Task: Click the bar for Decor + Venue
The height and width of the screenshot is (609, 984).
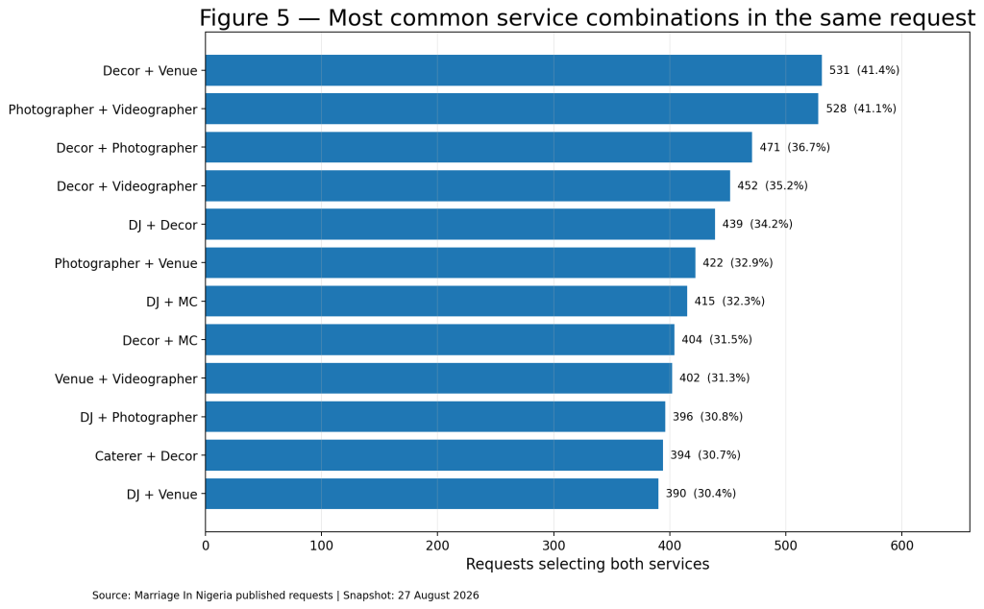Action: [x=513, y=70]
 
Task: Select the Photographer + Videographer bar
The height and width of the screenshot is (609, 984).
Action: [x=511, y=110]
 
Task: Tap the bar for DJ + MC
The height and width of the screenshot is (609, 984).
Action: [x=446, y=301]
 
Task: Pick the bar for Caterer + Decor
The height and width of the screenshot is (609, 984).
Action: [x=434, y=455]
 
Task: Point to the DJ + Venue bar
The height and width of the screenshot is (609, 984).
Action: [x=431, y=494]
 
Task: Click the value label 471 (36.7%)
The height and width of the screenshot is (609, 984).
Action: [x=795, y=147]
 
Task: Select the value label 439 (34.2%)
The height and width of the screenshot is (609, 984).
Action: [x=757, y=224]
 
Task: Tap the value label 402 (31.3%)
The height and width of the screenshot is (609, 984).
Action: [x=714, y=378]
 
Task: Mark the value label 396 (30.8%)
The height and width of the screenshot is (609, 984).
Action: [x=707, y=417]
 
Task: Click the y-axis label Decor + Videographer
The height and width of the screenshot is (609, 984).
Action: [x=127, y=186]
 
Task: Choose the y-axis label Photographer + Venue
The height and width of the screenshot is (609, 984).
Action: [x=126, y=263]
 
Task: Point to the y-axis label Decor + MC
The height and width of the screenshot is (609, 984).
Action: [x=160, y=341]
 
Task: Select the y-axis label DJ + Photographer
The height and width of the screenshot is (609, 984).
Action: [x=138, y=417]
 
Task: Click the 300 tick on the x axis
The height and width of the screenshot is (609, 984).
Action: [x=553, y=546]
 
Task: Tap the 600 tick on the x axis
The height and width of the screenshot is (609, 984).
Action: [x=901, y=546]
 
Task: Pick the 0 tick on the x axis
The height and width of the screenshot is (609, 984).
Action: [x=206, y=546]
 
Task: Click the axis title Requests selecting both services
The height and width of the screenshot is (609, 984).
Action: [x=587, y=565]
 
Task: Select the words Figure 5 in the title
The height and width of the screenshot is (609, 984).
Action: [x=245, y=17]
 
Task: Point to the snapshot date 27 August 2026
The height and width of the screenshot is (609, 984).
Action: [x=437, y=596]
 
